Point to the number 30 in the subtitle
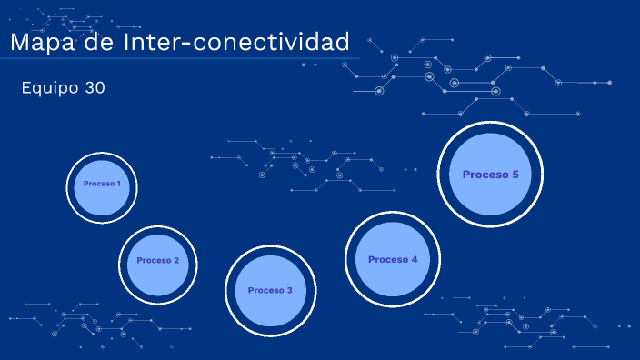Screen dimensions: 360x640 95,88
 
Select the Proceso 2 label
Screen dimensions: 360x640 158,260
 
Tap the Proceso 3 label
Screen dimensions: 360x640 270,290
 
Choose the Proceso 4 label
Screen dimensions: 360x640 393,259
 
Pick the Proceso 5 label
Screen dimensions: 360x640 490,175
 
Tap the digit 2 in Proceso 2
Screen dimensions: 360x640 176,260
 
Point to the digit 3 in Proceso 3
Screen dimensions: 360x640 290,290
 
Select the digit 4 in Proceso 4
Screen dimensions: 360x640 415,259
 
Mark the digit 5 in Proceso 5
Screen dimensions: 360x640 515,175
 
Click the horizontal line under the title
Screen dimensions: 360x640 182,59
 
